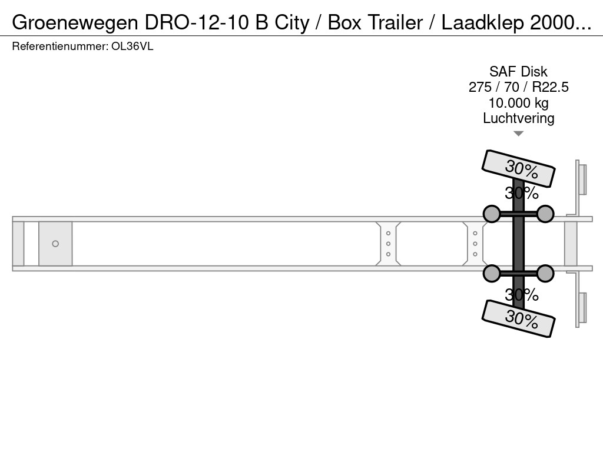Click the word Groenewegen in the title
75,23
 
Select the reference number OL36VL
132,46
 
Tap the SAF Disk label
518,71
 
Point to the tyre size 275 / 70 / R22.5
518,87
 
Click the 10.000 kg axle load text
518,103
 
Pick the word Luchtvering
518,118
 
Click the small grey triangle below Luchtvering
518,134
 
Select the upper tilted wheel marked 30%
518,168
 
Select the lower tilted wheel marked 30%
518,318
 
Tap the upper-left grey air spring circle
492,214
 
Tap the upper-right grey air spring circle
545,214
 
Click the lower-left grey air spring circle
492,273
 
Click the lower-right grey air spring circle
545,273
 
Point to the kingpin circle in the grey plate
55,244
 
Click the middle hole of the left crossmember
389,244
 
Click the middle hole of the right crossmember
475,244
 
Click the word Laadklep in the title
483,23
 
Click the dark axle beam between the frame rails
518,244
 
